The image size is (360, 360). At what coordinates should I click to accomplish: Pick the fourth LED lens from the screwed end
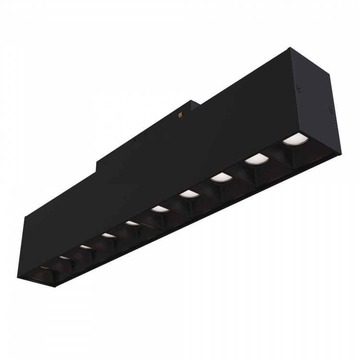190,194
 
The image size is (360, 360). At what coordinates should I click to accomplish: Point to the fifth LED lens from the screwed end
158,209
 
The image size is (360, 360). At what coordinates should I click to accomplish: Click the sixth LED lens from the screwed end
132,223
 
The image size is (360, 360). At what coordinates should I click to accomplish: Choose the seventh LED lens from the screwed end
107,235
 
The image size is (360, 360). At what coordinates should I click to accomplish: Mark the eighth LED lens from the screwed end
86,247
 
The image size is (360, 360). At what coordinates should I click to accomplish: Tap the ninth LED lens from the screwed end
65,258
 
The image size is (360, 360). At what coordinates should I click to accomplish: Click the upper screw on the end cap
300,88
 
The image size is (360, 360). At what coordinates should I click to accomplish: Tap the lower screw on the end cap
331,110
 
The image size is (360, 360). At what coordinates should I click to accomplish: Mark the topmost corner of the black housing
290,48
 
